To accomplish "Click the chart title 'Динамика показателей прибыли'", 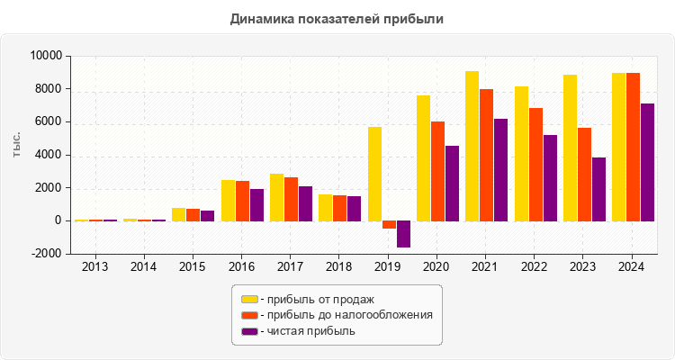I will click(337, 18).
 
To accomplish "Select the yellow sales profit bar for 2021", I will click(472, 146).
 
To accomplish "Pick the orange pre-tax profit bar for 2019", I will click(389, 225).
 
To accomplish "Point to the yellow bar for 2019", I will click(374, 174).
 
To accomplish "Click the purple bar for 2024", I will click(647, 162).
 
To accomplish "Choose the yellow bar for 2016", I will click(228, 200).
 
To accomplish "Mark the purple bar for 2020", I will click(452, 183).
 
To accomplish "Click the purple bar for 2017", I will click(305, 203).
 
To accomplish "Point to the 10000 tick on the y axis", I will click(46, 56).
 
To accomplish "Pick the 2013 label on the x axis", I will click(94, 266).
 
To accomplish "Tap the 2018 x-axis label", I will click(339, 266).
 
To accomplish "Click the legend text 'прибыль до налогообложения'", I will click(346, 315).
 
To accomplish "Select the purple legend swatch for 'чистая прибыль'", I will click(249, 331).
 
